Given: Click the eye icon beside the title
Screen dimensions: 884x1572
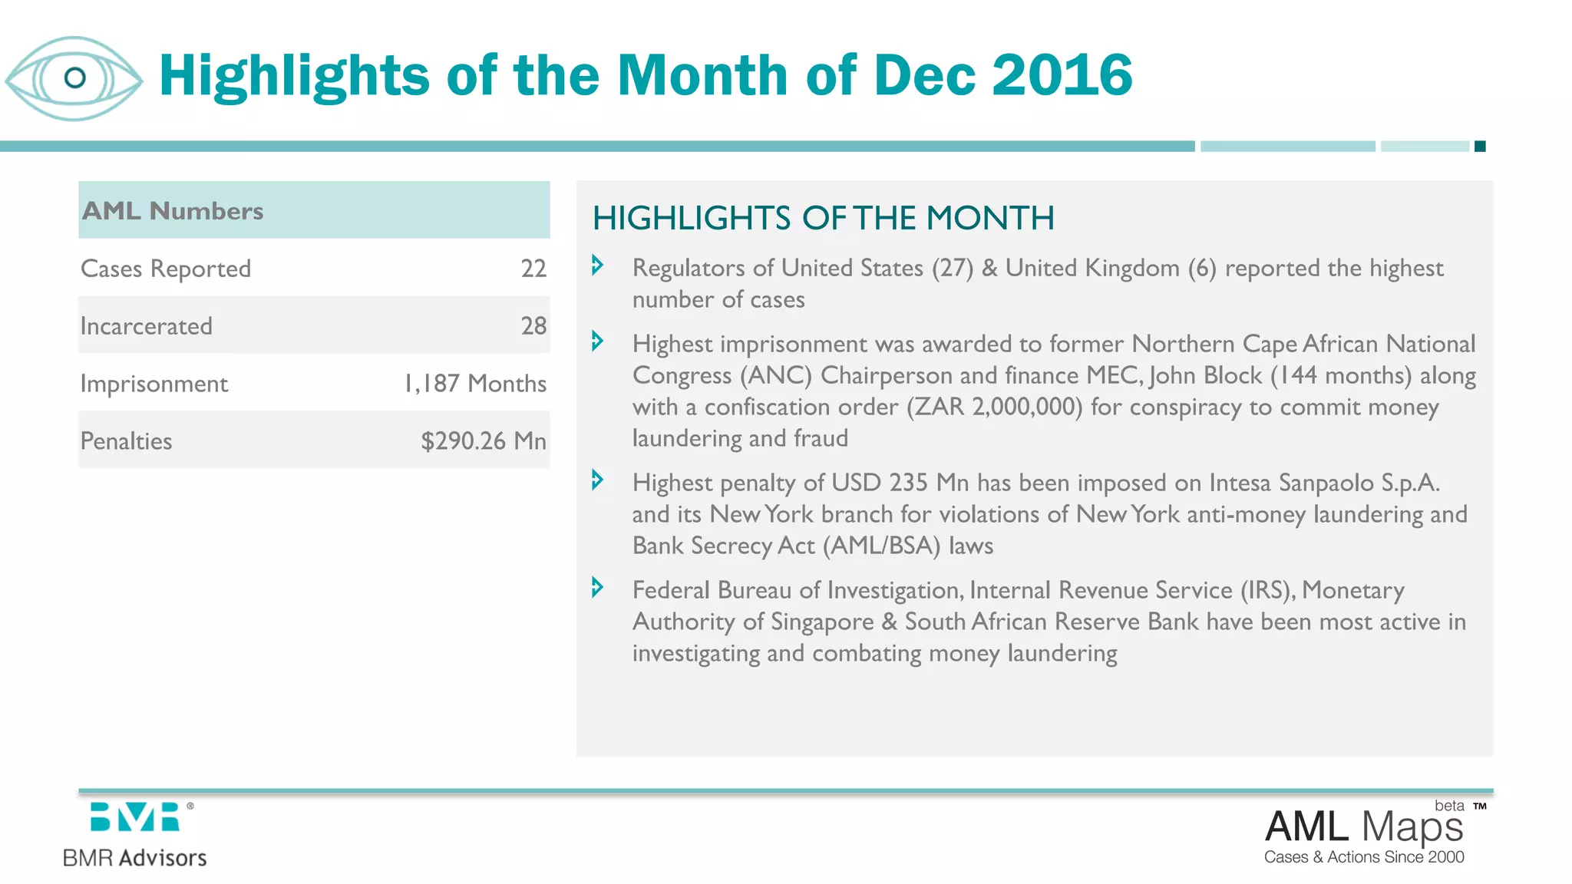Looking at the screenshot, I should pyautogui.click(x=74, y=78).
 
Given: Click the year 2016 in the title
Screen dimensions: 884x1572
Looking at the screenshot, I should pyautogui.click(x=1062, y=75).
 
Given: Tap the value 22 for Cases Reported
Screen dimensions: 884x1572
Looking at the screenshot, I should pyautogui.click(x=533, y=269).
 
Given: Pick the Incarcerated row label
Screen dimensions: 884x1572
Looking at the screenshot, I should pyautogui.click(x=147, y=326).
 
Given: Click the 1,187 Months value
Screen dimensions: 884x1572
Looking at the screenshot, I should pyautogui.click(x=475, y=384).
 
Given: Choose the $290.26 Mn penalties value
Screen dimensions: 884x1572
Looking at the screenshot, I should pyautogui.click(x=484, y=441).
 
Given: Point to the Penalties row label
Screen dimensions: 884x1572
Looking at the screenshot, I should pyautogui.click(x=127, y=441).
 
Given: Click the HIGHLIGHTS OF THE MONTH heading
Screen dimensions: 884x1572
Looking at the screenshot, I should pyautogui.click(x=823, y=218).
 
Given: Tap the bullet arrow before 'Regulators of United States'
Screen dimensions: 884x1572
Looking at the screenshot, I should pyautogui.click(x=597, y=266).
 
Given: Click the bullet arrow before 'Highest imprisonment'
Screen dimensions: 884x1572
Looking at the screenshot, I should pyautogui.click(x=597, y=341).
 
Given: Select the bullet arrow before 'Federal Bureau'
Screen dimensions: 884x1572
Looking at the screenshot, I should pyautogui.click(x=597, y=588).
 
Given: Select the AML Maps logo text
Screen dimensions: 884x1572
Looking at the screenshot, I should pyautogui.click(x=1364, y=827).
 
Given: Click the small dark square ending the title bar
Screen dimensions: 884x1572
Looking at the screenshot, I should pyautogui.click(x=1480, y=147).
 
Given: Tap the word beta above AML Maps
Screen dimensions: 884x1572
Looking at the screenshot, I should pyautogui.click(x=1449, y=806).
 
